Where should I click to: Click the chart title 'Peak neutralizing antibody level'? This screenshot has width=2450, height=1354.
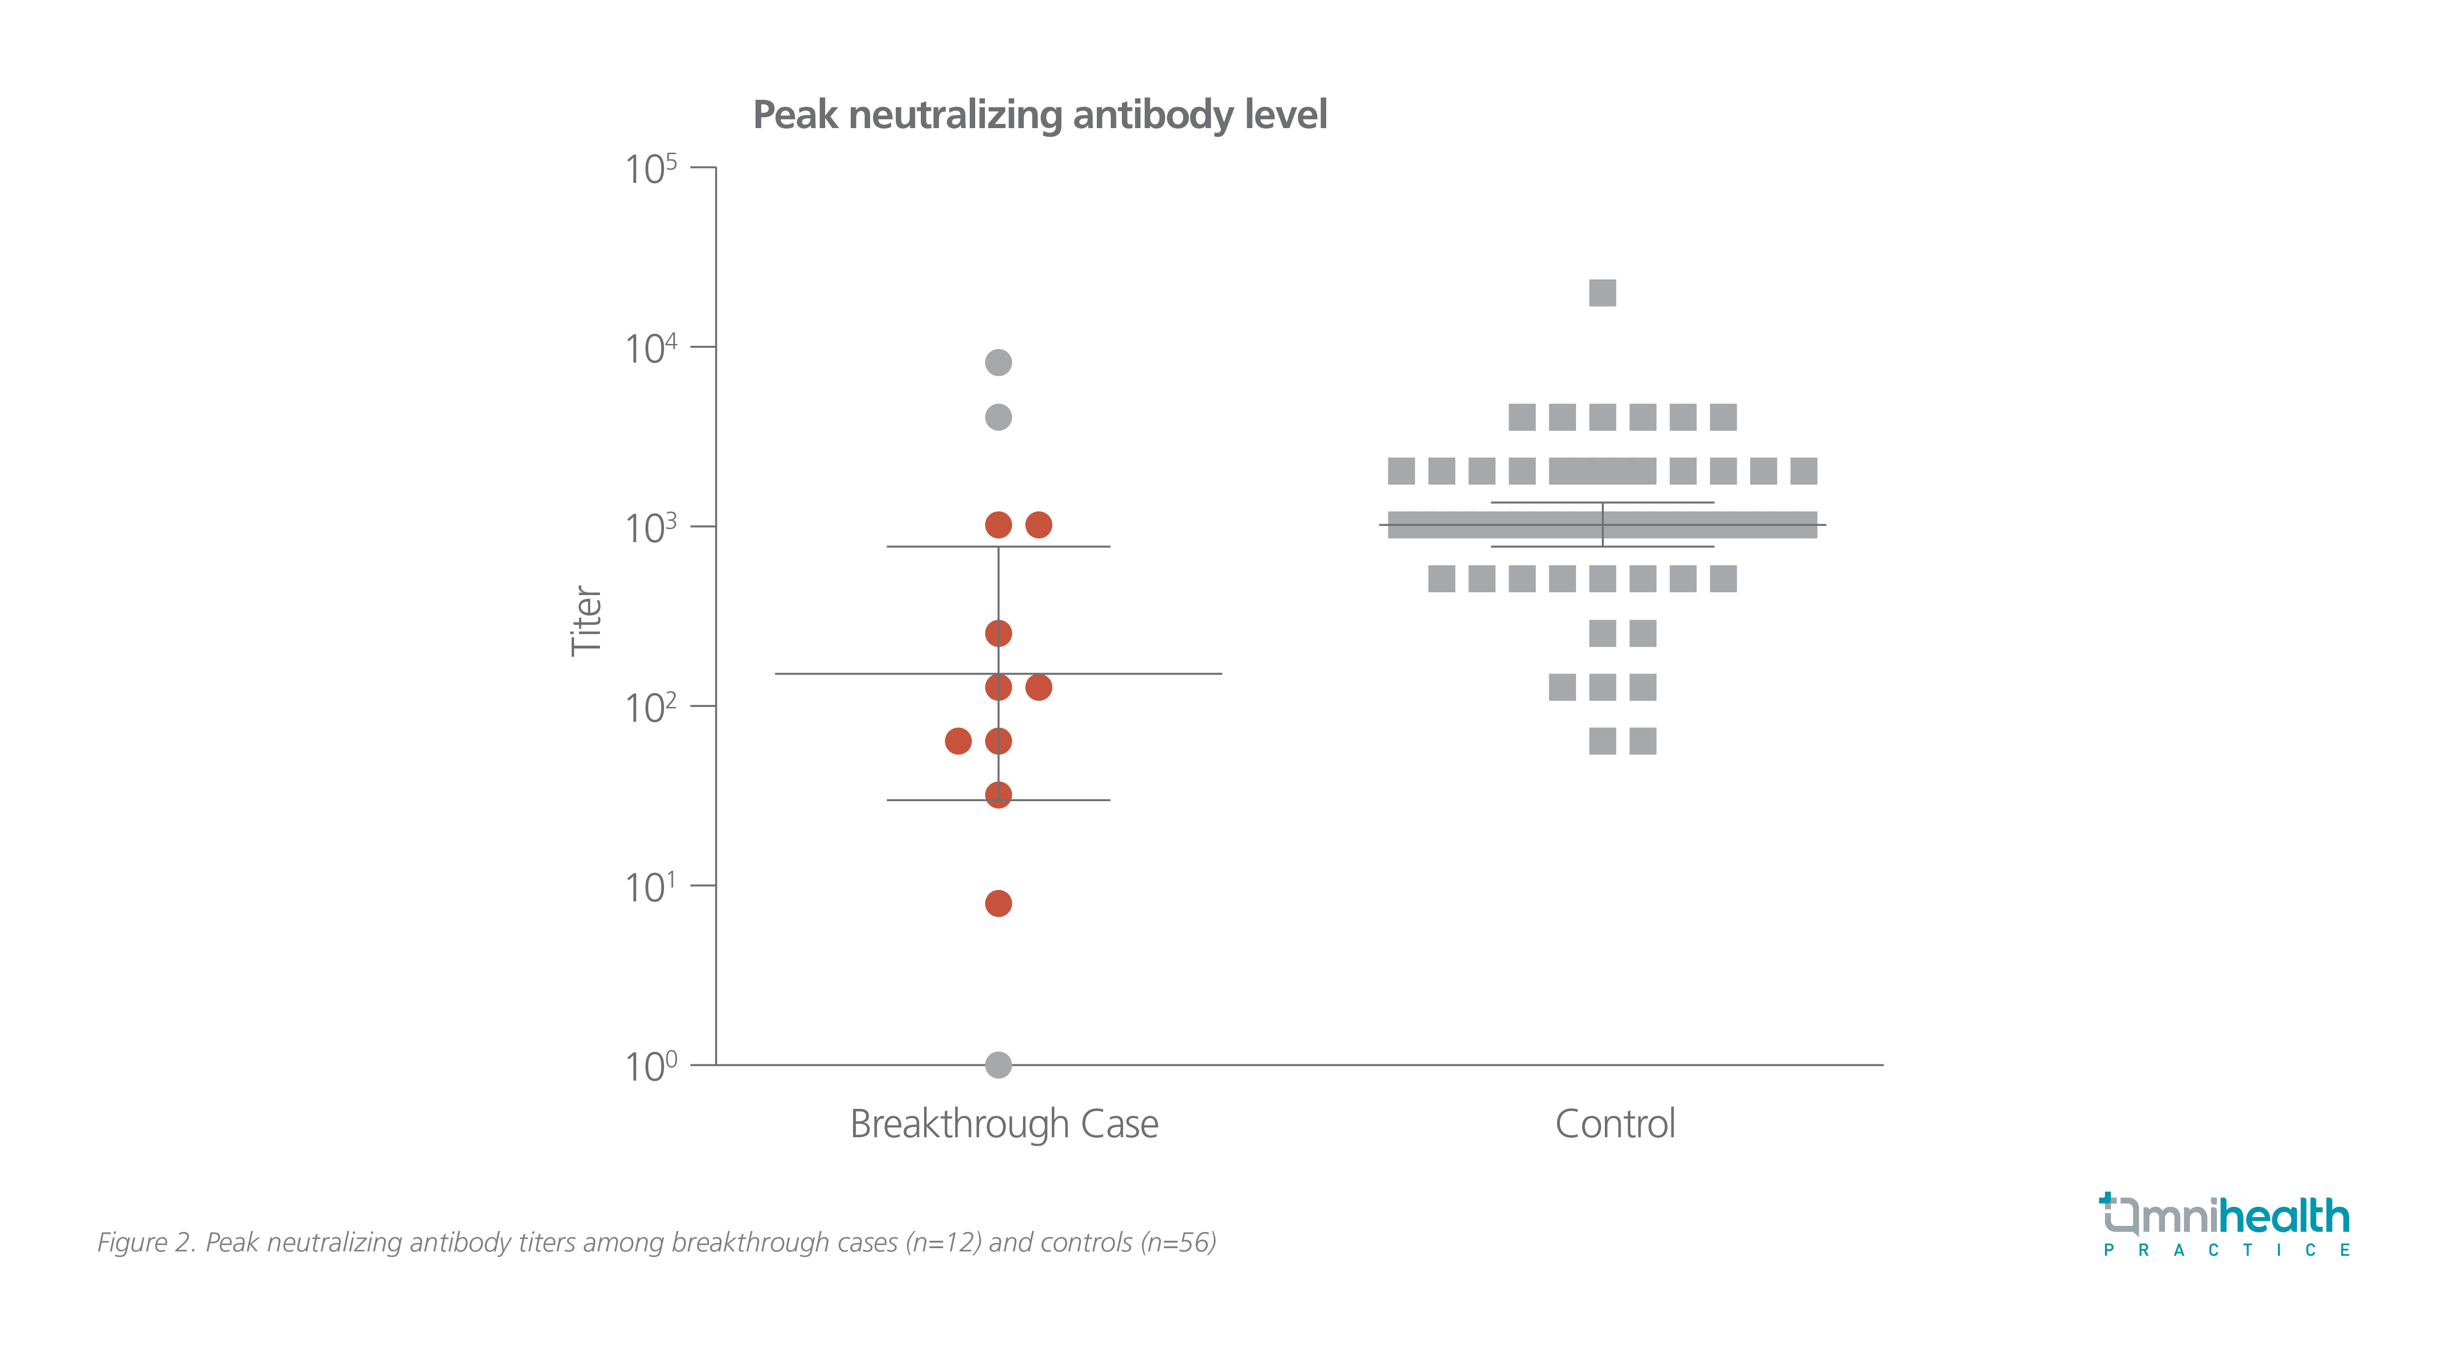(x=1040, y=115)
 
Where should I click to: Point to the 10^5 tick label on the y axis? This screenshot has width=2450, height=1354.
(x=651, y=169)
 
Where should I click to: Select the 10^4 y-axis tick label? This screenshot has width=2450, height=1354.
(x=651, y=349)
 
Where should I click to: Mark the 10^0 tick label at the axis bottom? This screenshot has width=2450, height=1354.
(x=651, y=1067)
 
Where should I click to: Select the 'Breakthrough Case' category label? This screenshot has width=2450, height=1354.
(x=1003, y=1124)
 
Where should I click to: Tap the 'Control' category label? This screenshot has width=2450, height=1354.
(x=1615, y=1124)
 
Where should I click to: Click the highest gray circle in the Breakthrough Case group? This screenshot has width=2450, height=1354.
(x=997, y=362)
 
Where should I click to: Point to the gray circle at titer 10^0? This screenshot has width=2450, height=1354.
(x=997, y=1065)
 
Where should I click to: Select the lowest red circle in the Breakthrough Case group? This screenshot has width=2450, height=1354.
(x=997, y=903)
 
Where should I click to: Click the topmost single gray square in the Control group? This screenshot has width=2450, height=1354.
(x=1603, y=293)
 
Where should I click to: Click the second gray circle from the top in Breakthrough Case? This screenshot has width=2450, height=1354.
(x=997, y=416)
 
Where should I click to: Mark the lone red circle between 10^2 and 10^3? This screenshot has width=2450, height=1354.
(x=997, y=633)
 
